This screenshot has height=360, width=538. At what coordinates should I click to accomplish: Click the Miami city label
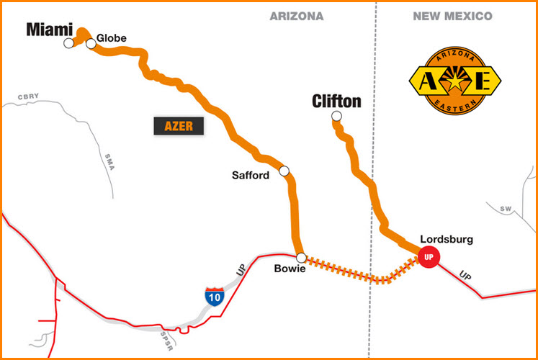[x=49, y=30]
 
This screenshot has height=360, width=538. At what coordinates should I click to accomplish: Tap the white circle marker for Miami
[x=68, y=43]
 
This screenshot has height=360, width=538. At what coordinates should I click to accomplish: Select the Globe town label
[x=111, y=35]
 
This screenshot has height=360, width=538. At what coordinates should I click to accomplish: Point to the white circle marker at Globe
[x=91, y=44]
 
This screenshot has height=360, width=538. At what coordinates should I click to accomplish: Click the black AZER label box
[x=179, y=126]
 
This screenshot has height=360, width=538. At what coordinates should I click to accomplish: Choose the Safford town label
[x=250, y=175]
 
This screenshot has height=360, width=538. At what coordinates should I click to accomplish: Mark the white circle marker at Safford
[x=284, y=171]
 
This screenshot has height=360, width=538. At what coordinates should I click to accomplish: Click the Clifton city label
[x=336, y=102]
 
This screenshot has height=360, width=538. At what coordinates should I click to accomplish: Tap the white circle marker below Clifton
[x=336, y=117]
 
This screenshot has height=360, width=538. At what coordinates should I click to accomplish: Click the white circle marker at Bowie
[x=301, y=257]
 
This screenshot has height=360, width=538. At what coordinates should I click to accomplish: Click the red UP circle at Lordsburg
[x=429, y=257]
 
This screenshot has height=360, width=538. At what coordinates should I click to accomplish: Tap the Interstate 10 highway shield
[x=214, y=295]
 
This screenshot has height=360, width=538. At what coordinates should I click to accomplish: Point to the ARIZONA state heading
[x=296, y=16]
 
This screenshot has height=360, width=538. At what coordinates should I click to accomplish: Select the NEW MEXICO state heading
[x=452, y=16]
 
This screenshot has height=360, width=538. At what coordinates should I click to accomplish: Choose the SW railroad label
[x=506, y=208]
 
